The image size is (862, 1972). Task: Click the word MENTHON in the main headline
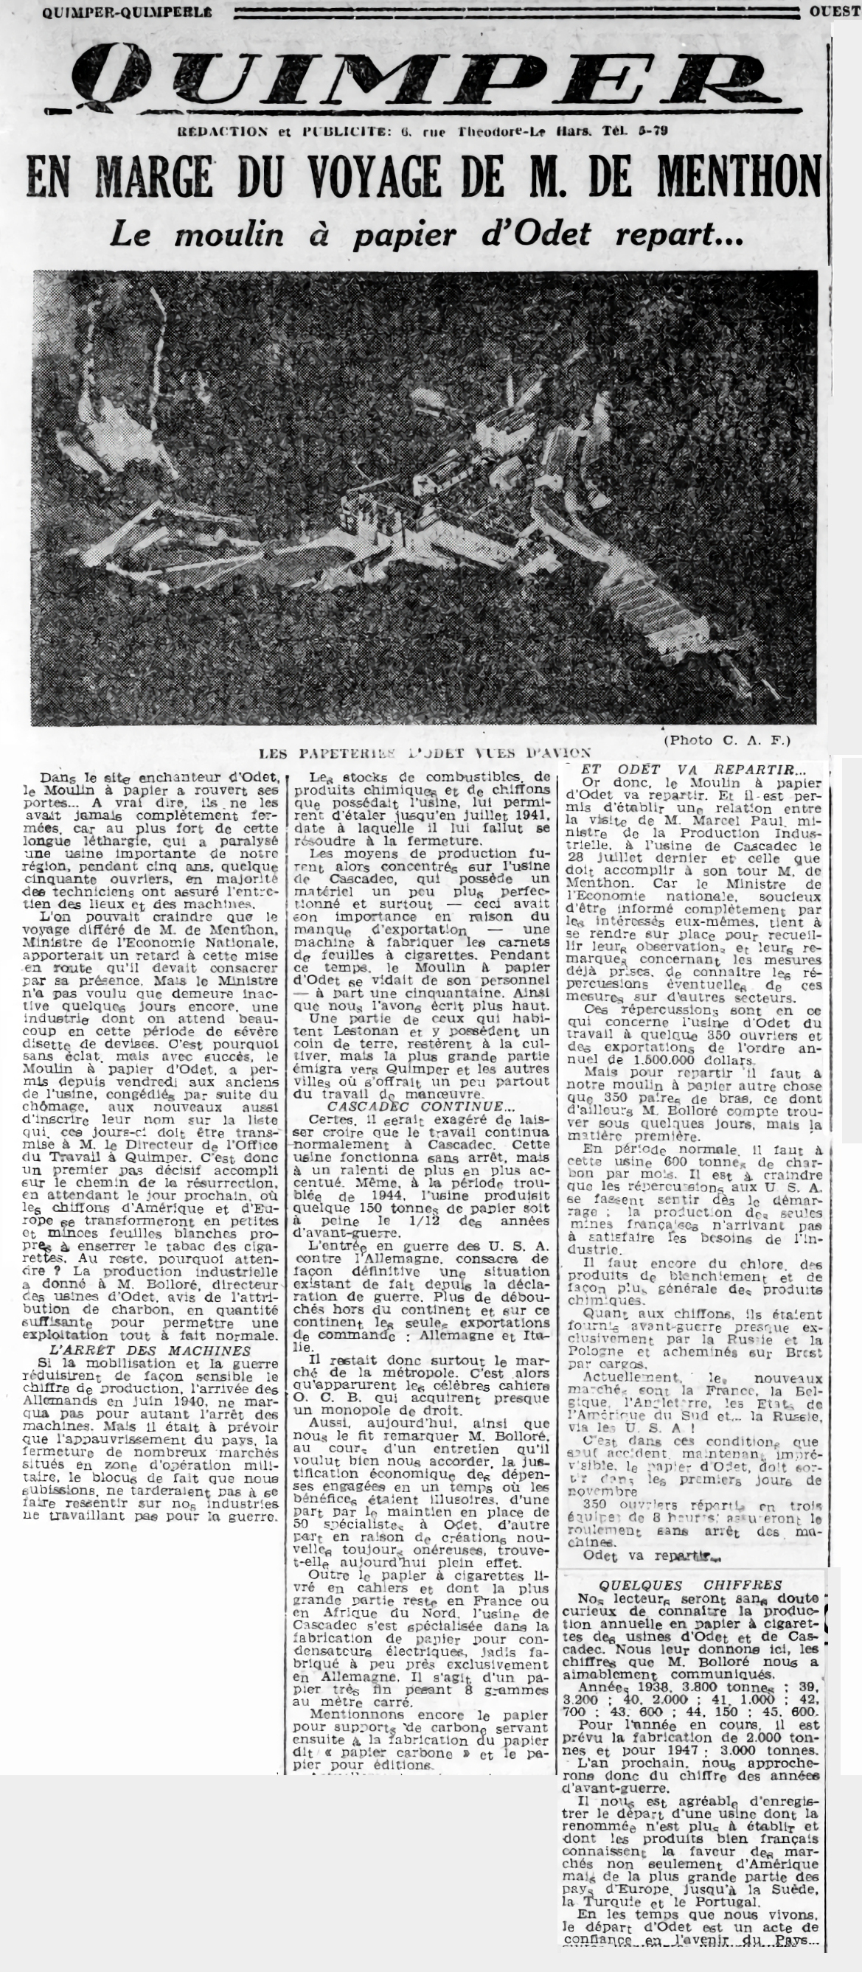pyautogui.click(x=737, y=177)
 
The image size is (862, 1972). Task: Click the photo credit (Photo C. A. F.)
pyautogui.click(x=726, y=739)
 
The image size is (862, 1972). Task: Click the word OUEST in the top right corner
pyautogui.click(x=835, y=12)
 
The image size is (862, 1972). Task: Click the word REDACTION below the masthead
pyautogui.click(x=222, y=131)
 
